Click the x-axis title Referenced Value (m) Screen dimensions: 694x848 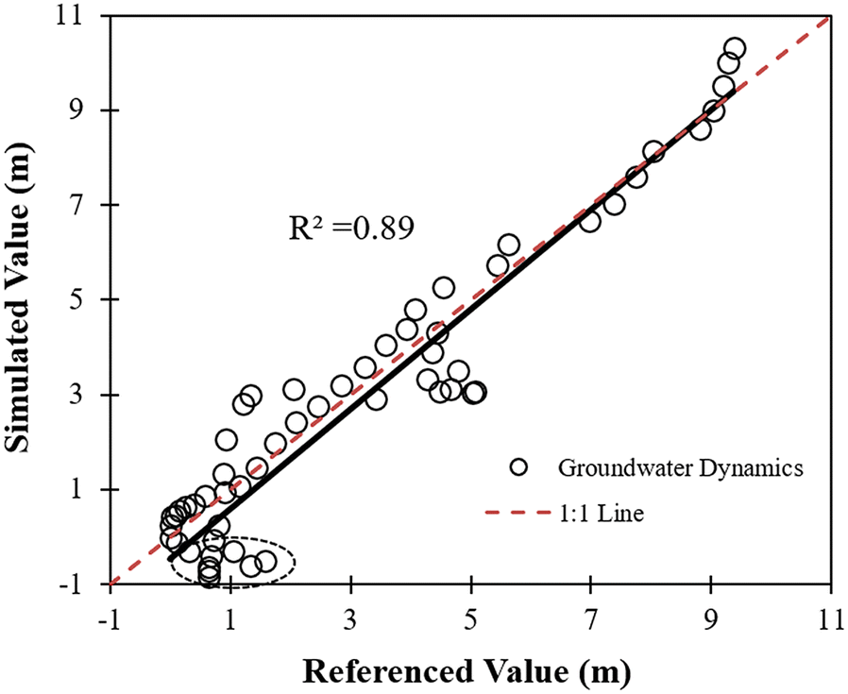466,671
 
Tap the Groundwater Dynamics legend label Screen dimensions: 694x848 680,468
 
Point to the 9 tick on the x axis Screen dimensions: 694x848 711,585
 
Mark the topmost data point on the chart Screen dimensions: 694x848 735,48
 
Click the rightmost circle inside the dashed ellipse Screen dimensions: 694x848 266,561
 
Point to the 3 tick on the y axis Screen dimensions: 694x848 110,395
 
